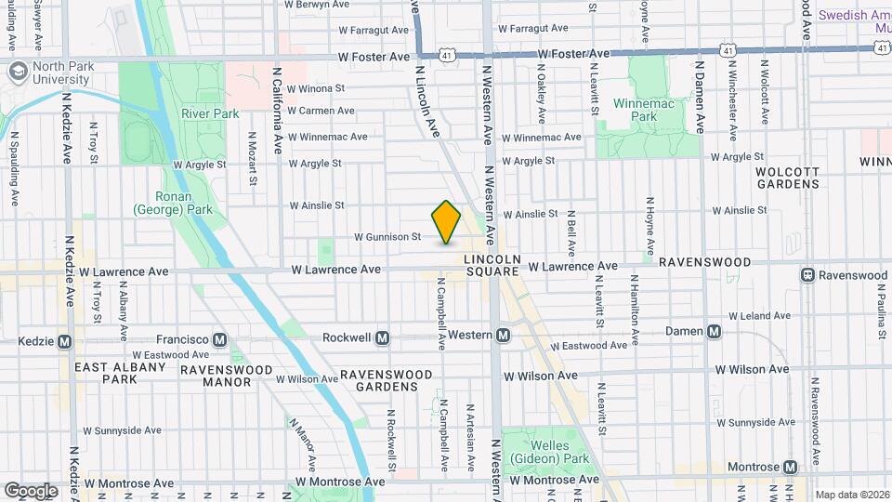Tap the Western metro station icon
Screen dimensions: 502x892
503,336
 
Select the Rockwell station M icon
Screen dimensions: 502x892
382,339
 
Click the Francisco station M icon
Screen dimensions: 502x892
221,339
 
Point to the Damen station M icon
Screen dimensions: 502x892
714,332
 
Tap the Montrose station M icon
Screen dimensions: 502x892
790,467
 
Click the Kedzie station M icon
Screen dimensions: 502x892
64,341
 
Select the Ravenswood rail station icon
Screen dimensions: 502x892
808,275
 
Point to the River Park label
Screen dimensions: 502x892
210,114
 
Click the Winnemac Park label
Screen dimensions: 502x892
636,111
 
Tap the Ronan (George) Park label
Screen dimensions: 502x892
173,203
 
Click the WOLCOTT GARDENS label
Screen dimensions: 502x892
787,178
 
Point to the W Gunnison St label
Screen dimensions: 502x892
387,238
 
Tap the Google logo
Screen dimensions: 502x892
31,490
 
